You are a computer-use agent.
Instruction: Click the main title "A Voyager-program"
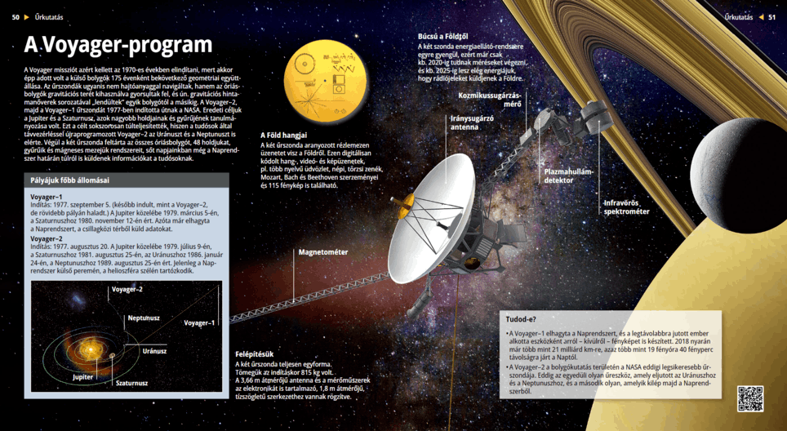(118, 45)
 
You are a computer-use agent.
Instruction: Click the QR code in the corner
(749, 398)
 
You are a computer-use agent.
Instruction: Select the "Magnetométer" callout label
(323, 252)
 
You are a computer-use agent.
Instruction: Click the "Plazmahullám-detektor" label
(570, 175)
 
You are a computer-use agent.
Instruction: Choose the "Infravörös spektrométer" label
(626, 207)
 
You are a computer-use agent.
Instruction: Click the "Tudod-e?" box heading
(522, 319)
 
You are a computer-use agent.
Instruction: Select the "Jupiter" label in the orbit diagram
(82, 377)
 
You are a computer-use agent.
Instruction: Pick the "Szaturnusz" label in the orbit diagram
(131, 382)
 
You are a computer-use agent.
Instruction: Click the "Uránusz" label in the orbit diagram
(154, 350)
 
